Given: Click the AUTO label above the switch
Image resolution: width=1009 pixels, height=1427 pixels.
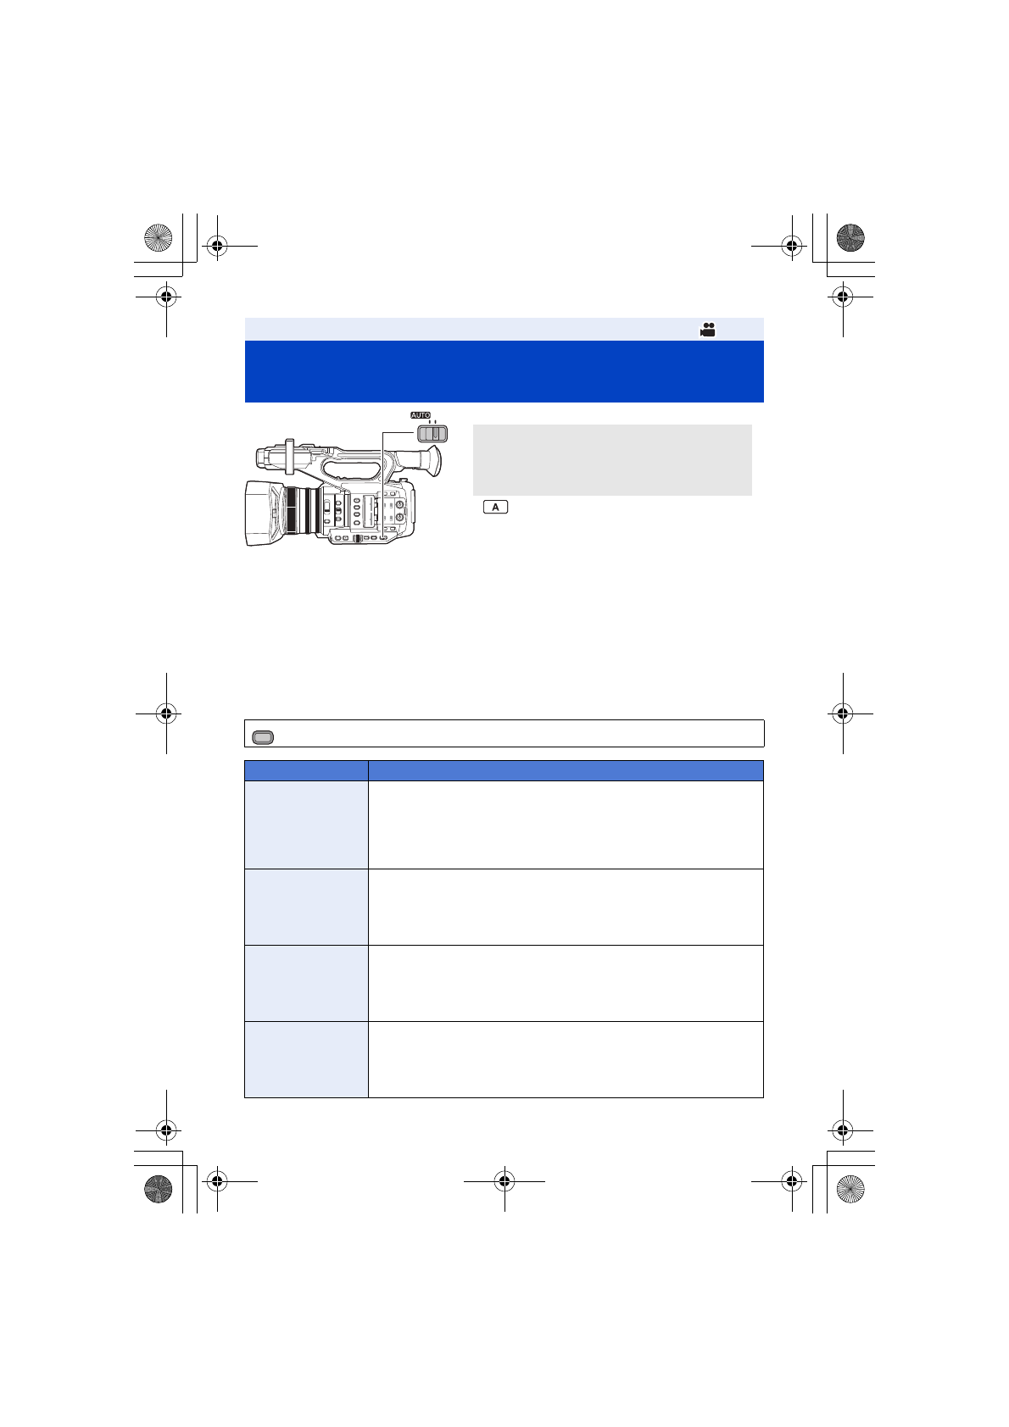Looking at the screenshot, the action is click(x=420, y=415).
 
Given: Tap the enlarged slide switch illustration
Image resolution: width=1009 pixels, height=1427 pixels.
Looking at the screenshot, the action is click(x=432, y=434).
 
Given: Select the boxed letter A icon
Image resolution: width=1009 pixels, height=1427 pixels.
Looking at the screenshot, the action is click(x=495, y=507).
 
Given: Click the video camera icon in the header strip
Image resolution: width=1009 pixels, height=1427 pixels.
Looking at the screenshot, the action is click(x=707, y=330).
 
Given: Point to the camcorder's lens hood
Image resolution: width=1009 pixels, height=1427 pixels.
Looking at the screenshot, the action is click(x=264, y=514).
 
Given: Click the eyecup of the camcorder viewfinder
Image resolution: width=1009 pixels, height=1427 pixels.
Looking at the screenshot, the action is click(x=432, y=461).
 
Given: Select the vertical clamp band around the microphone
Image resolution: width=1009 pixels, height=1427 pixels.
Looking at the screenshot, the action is click(x=289, y=457).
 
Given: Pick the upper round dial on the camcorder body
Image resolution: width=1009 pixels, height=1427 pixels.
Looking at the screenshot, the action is click(x=399, y=505).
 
